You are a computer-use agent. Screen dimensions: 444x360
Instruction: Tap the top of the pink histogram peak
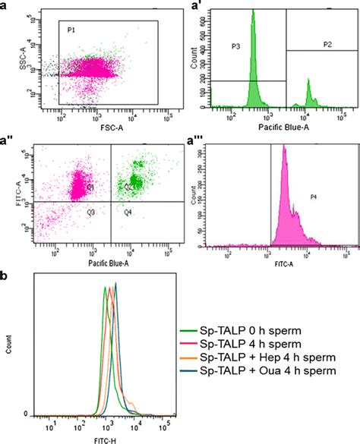point(284,149)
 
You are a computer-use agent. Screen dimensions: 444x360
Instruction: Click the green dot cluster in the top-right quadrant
point(135,181)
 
